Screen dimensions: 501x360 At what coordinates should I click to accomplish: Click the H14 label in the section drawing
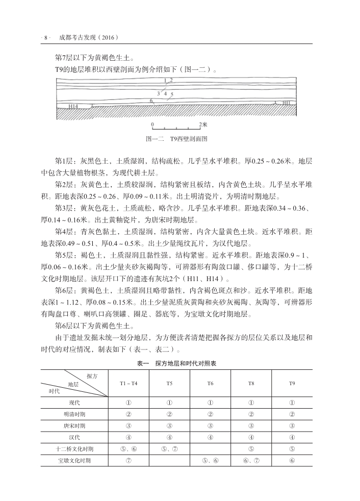tap(73, 106)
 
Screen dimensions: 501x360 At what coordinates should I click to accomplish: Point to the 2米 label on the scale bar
tap(203, 124)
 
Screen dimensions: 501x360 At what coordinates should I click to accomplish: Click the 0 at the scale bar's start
tap(152, 124)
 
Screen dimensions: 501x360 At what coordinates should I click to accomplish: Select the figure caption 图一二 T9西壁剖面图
tap(176, 138)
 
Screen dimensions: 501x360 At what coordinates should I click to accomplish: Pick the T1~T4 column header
tap(128, 383)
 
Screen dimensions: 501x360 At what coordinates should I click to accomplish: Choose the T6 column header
tap(210, 383)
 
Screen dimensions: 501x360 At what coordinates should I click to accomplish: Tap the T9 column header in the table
tap(292, 383)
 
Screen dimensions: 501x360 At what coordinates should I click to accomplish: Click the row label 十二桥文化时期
tap(74, 449)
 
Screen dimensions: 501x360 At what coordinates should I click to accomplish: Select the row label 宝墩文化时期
tap(74, 461)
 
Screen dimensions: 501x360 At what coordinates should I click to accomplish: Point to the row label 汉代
tap(74, 437)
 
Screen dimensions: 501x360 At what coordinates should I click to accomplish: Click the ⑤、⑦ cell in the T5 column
tap(169, 449)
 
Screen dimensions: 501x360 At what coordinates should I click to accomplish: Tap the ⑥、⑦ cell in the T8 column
tap(251, 461)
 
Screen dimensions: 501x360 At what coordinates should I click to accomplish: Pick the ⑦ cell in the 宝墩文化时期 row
tap(128, 461)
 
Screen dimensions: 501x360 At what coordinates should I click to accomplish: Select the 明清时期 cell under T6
tap(210, 414)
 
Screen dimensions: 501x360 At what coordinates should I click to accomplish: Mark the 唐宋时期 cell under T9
tap(292, 425)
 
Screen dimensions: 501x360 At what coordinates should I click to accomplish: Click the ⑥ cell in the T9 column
tap(292, 461)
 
